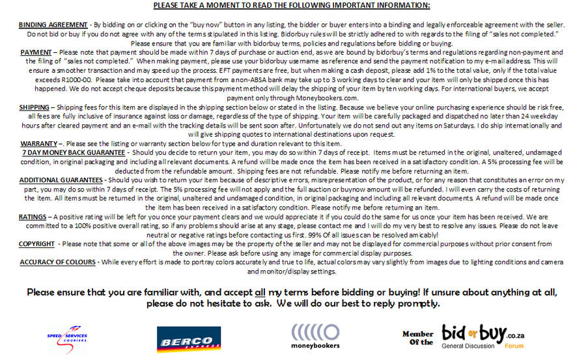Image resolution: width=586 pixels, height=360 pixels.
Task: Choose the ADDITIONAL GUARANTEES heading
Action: pos(61,179)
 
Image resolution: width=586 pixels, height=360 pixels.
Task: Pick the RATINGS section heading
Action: pos(32,216)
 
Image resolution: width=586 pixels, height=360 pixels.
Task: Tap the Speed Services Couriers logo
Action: pos(67,336)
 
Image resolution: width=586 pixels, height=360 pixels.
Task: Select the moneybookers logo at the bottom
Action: pos(315,337)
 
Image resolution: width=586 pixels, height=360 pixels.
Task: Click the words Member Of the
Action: pos(417,338)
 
